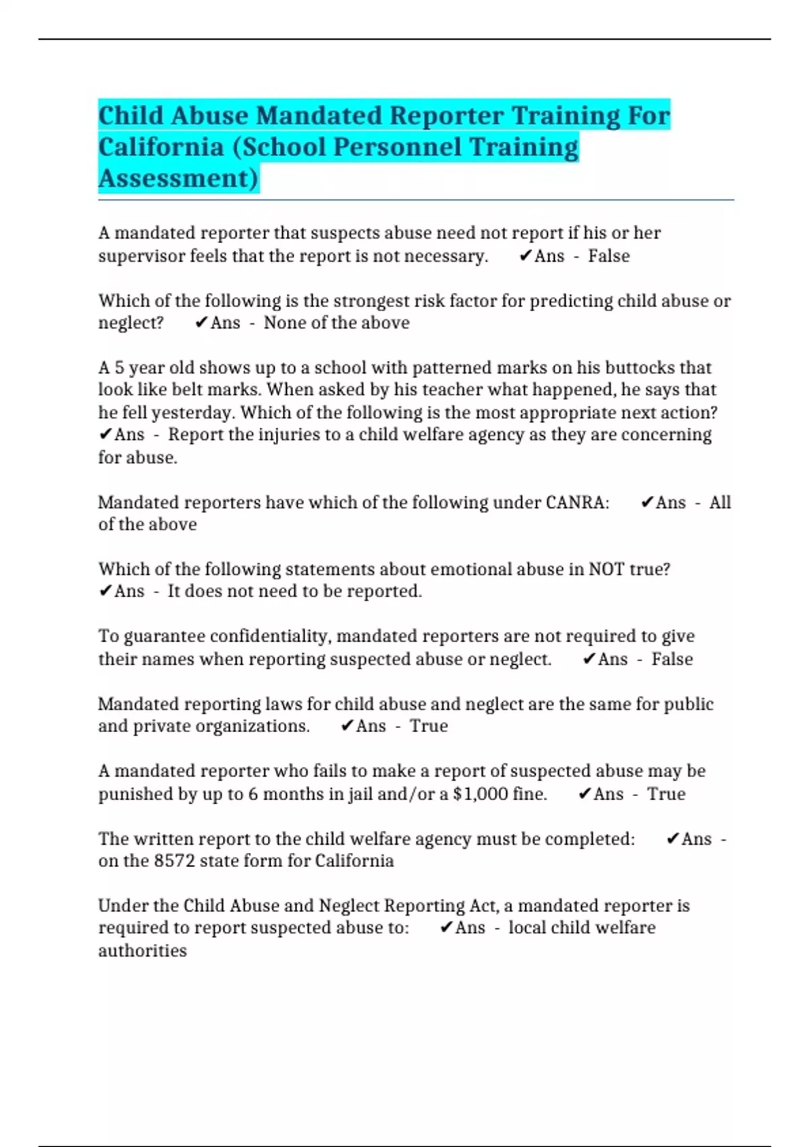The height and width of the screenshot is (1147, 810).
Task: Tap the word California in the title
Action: tap(161, 147)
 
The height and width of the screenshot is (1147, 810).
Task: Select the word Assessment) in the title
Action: tap(178, 179)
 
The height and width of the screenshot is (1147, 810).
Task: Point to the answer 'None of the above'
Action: tap(336, 323)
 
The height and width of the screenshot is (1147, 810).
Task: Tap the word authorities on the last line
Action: tap(142, 951)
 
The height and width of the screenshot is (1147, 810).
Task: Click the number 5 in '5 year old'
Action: tap(119, 368)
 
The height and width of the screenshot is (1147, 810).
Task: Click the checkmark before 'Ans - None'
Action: tap(200, 323)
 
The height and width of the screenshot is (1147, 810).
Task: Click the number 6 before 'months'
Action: tap(253, 794)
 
